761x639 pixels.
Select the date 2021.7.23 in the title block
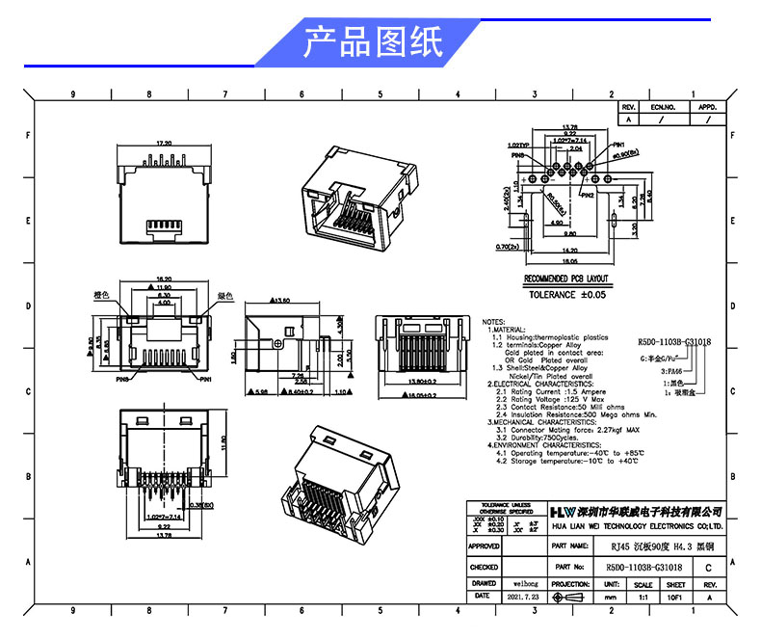coord(524,598)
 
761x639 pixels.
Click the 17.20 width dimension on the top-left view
coord(163,143)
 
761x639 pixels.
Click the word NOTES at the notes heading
coord(493,321)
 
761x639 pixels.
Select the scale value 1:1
coord(643,598)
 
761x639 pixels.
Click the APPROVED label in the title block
coord(484,546)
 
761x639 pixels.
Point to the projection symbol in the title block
coord(570,598)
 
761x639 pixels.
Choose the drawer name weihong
coord(524,583)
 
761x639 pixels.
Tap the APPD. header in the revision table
coord(708,107)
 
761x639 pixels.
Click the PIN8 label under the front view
coord(122,380)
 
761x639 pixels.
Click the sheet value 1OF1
coord(676,598)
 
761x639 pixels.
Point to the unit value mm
coord(610,598)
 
